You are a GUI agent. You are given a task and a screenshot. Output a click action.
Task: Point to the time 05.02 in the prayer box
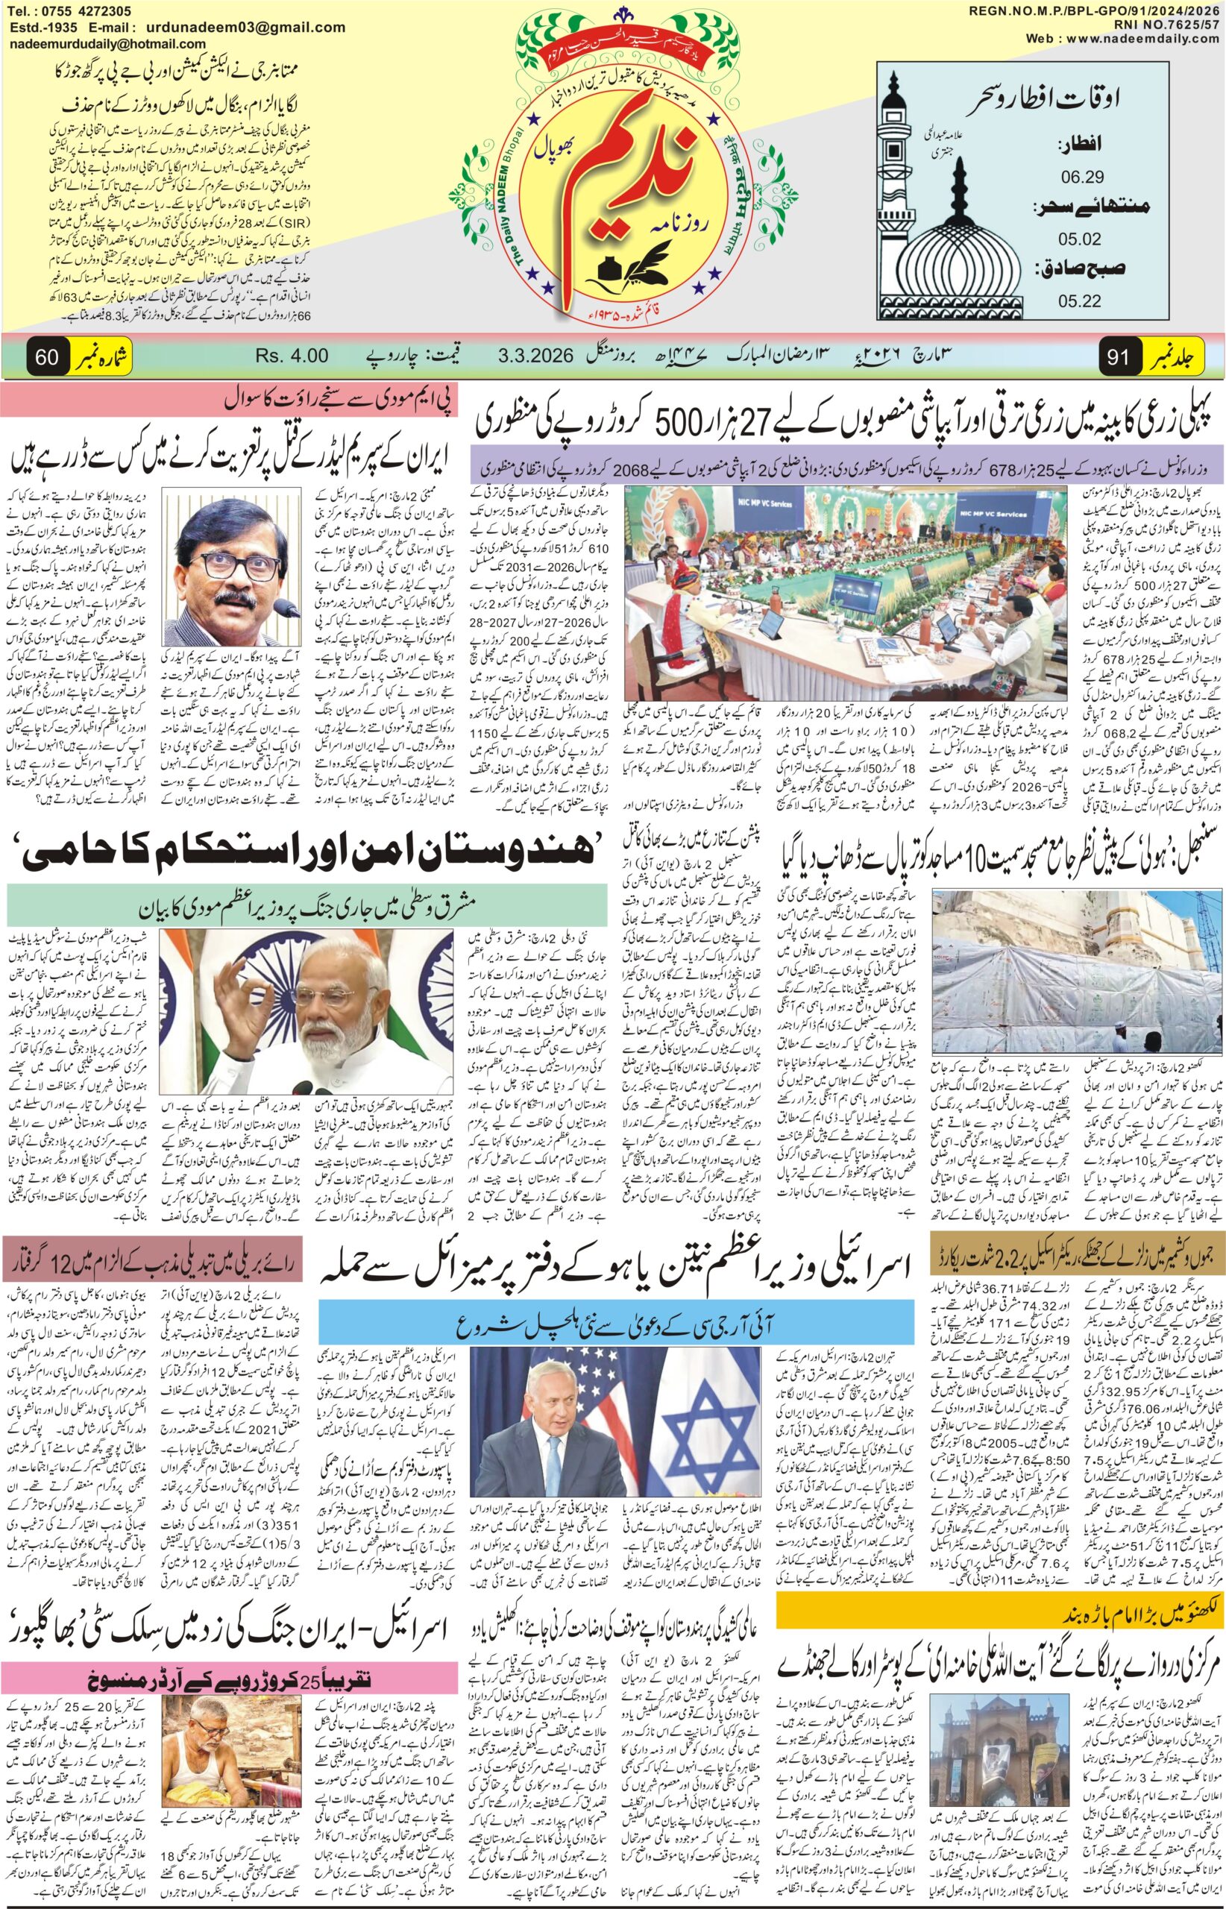[1079, 238]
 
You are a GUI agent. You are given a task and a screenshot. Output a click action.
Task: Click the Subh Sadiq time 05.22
[1079, 301]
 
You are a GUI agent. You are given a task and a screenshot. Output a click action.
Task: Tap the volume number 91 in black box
[1119, 357]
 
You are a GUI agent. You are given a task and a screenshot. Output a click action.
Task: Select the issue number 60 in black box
[47, 357]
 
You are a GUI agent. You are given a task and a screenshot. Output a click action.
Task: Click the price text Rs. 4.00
[292, 356]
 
